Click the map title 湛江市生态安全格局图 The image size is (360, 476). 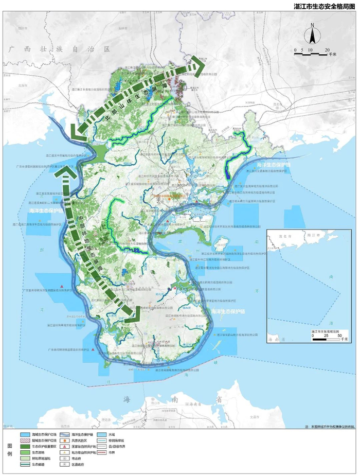(x=325, y=6)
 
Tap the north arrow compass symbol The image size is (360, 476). (x=312, y=36)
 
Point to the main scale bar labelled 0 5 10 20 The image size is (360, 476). (x=314, y=51)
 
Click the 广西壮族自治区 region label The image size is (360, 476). (x=60, y=49)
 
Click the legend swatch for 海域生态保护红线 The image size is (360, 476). (x=27, y=434)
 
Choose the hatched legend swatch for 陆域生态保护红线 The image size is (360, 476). (x=27, y=441)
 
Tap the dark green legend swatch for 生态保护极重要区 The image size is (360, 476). (x=27, y=448)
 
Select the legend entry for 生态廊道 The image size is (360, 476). (x=27, y=468)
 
